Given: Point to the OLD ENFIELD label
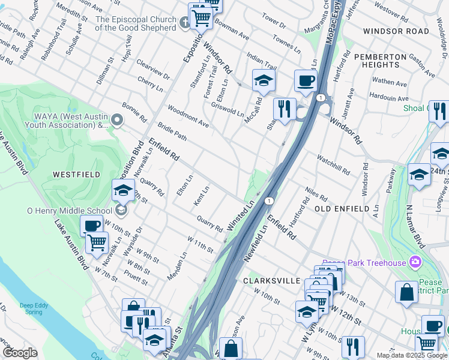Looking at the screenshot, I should click(x=342, y=208).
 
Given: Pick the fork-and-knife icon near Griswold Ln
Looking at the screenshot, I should click(x=285, y=109).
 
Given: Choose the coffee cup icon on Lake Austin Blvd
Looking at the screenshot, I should click(x=92, y=226).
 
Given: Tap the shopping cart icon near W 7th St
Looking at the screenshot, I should click(x=97, y=243).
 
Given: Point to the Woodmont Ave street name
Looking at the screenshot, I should click(x=188, y=116).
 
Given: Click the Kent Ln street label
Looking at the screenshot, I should click(x=201, y=196).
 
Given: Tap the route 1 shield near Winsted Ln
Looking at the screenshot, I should click(x=270, y=200).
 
